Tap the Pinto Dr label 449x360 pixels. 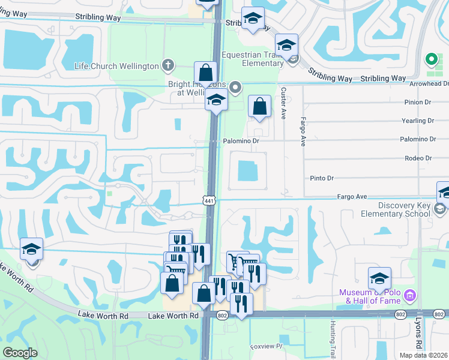click(322, 178)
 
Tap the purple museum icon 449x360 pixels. click(410, 295)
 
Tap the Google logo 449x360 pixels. click(20, 353)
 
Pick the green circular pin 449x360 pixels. click(430, 59)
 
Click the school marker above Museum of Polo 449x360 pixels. click(379, 278)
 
